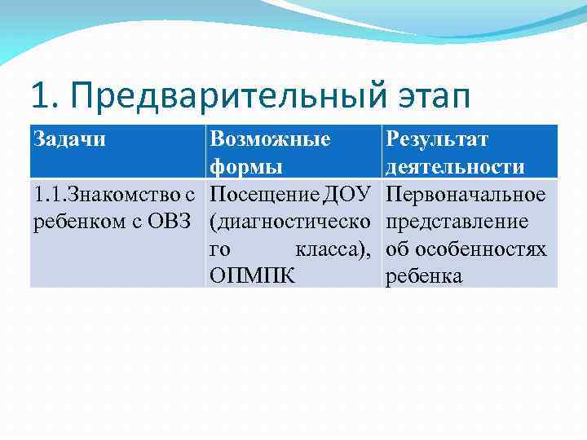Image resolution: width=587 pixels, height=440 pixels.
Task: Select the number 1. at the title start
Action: pos(42,97)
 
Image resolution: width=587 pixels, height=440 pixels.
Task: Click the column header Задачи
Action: pos(69,139)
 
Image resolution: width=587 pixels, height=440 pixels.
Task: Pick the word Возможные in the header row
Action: pos(270,139)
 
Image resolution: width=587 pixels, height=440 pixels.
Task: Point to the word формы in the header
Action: pos(247,167)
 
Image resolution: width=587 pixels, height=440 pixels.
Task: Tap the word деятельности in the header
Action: pos(455,167)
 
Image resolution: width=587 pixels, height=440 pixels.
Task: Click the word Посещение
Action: pos(264,195)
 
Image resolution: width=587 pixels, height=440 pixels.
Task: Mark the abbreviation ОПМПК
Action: pos(252,276)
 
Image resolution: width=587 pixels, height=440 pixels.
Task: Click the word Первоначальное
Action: pos(466,195)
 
